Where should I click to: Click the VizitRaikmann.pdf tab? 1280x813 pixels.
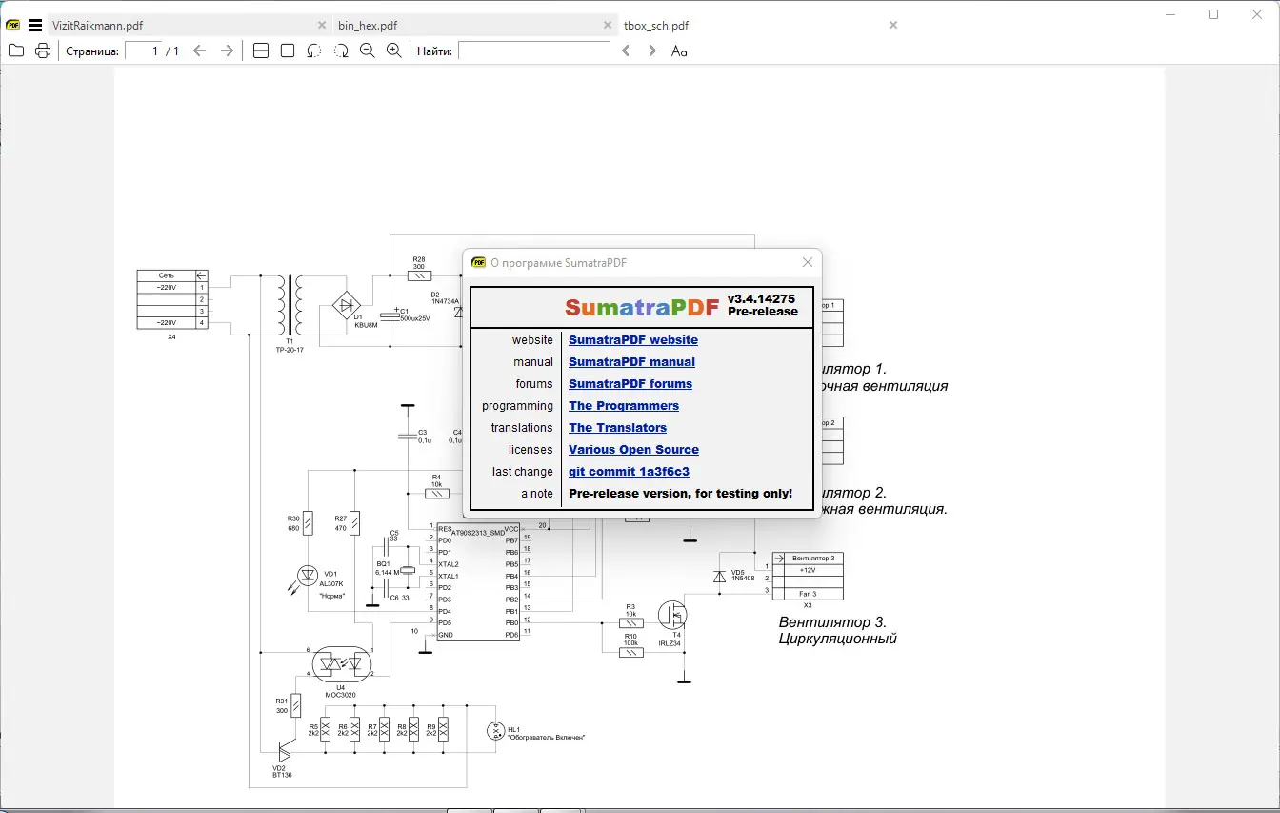click(98, 26)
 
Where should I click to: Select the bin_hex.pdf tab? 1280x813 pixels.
click(368, 26)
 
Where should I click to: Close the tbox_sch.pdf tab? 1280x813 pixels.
click(892, 25)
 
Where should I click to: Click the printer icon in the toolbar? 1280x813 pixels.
click(43, 51)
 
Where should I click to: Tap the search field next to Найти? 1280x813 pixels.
click(533, 51)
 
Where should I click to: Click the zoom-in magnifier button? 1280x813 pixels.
click(393, 51)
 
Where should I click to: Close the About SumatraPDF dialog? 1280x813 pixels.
click(808, 262)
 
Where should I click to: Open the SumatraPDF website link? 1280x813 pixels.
click(632, 340)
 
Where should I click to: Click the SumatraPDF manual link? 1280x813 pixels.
click(631, 362)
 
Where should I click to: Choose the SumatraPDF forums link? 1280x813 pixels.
click(630, 384)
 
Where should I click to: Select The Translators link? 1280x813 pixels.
click(617, 428)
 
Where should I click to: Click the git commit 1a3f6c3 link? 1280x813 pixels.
click(629, 472)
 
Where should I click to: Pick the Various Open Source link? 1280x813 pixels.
click(633, 450)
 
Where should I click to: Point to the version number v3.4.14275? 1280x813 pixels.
click(761, 298)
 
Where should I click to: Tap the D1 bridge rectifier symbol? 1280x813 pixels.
click(346, 306)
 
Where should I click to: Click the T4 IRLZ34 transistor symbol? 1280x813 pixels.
click(673, 615)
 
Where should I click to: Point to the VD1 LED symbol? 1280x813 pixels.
click(307, 575)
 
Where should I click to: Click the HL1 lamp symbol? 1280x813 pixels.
click(494, 731)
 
